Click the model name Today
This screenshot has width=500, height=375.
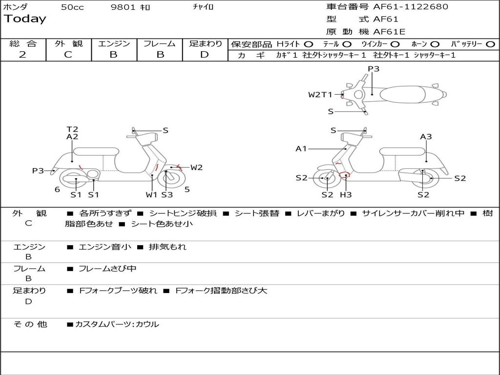(25, 19)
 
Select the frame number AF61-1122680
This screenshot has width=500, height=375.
(410, 7)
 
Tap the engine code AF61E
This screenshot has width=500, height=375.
(389, 32)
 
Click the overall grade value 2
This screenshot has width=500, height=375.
(22, 55)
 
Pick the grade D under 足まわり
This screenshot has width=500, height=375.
(205, 55)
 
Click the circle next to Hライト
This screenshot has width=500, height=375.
(309, 44)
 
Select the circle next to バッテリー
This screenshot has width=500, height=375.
(491, 44)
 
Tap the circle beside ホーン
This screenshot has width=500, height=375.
(435, 44)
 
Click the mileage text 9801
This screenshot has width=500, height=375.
(123, 7)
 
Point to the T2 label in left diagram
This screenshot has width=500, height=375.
(72, 129)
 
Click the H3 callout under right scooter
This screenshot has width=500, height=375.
(346, 194)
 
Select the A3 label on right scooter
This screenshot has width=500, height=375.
(426, 137)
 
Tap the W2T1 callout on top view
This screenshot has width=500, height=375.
(320, 95)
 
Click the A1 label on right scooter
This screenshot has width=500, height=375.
(301, 148)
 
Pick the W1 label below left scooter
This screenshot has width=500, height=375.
(151, 194)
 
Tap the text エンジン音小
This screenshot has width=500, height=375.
(105, 247)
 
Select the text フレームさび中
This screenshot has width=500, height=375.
(107, 269)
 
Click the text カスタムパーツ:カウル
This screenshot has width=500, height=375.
(117, 324)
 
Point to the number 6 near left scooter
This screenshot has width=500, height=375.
(57, 190)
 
